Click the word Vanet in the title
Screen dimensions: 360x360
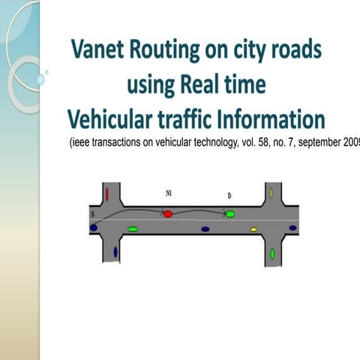[100, 51]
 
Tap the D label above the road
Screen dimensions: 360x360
[229, 196]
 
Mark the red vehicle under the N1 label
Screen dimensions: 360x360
[168, 214]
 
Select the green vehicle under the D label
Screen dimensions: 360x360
[230, 214]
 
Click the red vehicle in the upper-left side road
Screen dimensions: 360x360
[107, 194]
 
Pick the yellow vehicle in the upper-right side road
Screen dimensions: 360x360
[271, 195]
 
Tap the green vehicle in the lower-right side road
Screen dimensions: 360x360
[272, 254]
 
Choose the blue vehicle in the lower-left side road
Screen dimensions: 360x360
[115, 252]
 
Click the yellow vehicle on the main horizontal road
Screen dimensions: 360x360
[253, 229]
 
